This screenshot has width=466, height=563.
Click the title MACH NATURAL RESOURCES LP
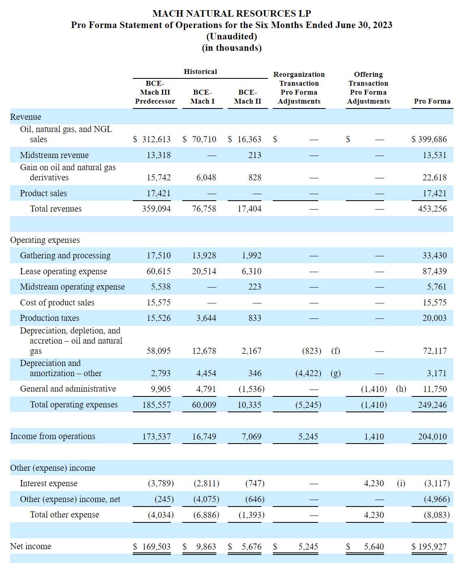point(231,13)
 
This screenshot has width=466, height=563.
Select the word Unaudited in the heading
point(231,36)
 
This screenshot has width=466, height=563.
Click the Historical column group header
point(200,71)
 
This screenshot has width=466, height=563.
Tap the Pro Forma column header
point(432,101)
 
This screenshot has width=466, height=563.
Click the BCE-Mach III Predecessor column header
point(155,92)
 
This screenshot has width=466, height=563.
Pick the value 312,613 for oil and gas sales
point(156,139)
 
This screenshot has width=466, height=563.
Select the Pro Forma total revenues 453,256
point(432,209)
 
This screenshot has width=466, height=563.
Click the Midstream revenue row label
point(54,155)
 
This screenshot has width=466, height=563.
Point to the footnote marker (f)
point(335,351)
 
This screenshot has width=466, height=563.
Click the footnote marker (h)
point(401,389)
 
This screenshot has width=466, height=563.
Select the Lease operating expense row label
point(63,271)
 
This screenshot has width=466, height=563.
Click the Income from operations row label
point(52,436)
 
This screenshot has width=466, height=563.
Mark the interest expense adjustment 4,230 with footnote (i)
point(373,483)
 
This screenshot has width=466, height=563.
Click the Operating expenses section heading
point(45,240)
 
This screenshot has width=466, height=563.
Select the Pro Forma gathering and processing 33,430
point(434,256)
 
